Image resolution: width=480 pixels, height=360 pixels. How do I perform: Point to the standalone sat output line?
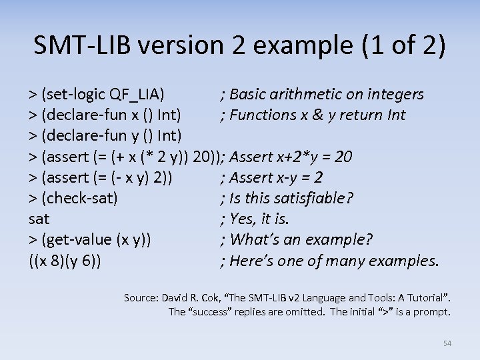[x=39, y=219]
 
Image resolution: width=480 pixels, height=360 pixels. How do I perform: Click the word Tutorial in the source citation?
[x=423, y=297]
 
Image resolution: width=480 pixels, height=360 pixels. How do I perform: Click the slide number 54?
[x=447, y=343]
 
